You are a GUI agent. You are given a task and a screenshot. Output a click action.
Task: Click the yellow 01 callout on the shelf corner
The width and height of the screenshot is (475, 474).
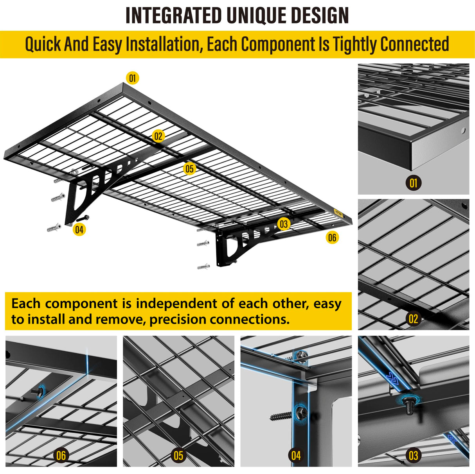click(x=133, y=78)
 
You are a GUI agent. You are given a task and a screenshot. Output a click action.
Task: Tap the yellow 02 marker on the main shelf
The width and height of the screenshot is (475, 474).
click(x=158, y=136)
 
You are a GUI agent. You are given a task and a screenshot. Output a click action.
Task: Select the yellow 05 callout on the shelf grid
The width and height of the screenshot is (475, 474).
click(x=189, y=169)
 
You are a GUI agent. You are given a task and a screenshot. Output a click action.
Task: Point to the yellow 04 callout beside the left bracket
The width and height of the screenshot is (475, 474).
click(x=79, y=229)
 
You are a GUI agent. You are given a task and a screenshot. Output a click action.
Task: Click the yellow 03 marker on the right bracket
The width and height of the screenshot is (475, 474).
click(x=284, y=224)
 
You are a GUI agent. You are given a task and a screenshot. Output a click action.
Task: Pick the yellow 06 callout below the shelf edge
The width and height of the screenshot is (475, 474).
click(x=332, y=237)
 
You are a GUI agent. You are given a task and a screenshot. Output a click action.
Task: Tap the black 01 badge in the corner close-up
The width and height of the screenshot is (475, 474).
click(x=413, y=182)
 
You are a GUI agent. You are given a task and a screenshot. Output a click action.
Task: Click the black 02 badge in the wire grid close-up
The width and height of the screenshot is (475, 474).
click(x=413, y=319)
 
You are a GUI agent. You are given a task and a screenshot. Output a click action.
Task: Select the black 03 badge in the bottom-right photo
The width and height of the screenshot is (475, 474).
click(x=413, y=455)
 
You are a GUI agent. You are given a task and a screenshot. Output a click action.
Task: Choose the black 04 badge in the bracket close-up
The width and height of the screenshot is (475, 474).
click(x=296, y=455)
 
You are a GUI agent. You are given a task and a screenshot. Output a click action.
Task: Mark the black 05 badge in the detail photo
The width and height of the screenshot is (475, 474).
click(x=178, y=455)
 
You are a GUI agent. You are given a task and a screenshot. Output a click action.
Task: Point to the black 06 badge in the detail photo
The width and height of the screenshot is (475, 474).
click(x=61, y=455)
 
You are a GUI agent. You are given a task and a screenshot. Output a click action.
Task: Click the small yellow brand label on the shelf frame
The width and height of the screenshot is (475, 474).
click(x=339, y=214)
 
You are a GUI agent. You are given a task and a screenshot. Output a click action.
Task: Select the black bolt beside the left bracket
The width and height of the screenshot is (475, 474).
click(x=83, y=218)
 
